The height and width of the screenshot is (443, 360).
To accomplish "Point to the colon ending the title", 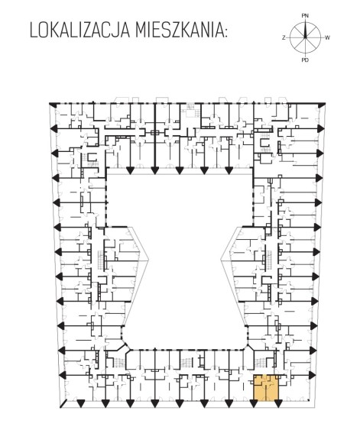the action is click(225, 32).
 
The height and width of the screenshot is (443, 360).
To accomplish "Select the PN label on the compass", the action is click(305, 16).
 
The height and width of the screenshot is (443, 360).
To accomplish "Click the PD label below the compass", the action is click(305, 60).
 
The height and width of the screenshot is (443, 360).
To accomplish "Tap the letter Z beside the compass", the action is click(284, 37).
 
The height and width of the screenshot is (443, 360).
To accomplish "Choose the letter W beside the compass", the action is click(327, 37).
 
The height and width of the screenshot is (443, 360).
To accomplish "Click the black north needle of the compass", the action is click(305, 30).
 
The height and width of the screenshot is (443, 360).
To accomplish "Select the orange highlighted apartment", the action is click(266, 388).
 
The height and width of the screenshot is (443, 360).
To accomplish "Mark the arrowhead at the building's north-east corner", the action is click(321, 105).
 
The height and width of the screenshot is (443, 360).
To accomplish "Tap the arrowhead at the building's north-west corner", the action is click(53, 105).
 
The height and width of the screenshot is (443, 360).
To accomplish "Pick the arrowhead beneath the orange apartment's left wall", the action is click(254, 404).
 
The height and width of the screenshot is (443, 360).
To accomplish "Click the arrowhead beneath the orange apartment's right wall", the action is click(278, 404).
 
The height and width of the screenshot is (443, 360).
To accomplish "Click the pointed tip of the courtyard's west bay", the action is click(148, 260).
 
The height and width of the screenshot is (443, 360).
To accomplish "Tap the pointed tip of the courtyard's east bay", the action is click(221, 260).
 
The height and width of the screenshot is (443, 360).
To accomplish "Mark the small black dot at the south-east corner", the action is click(308, 400).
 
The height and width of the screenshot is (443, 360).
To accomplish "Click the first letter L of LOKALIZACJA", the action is click(34, 31).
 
